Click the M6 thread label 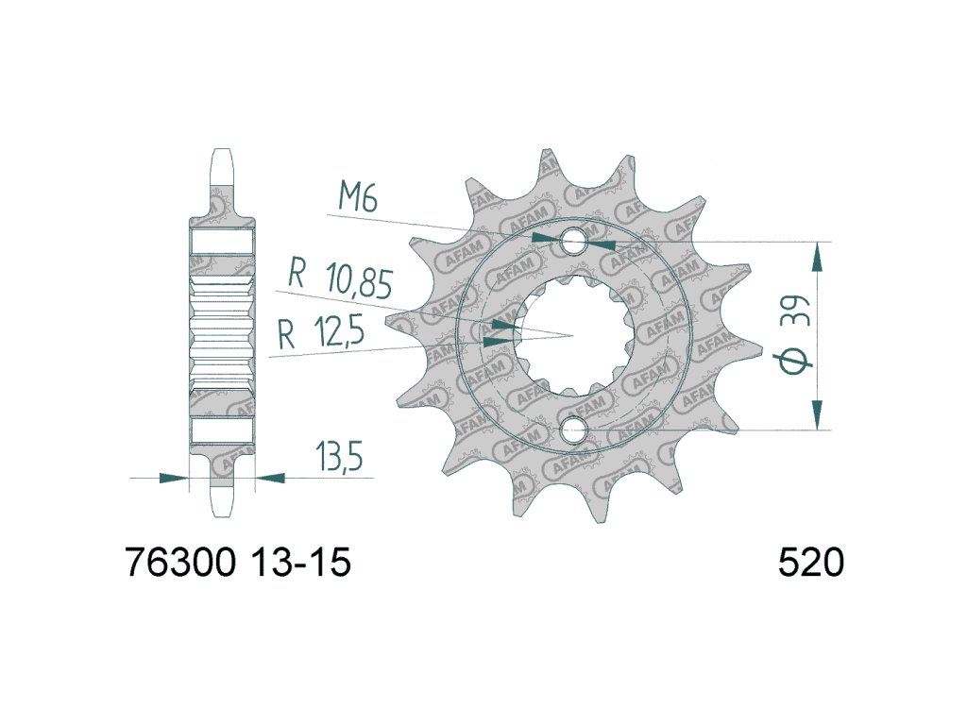(x=358, y=198)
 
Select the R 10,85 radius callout (x=340, y=278)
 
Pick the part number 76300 (x=181, y=563)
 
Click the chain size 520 (x=810, y=563)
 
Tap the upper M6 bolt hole (x=573, y=241)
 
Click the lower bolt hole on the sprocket (x=573, y=430)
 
